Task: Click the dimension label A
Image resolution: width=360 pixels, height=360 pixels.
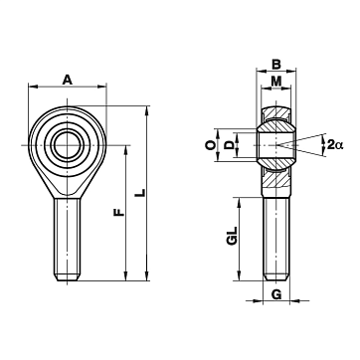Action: coord(68,80)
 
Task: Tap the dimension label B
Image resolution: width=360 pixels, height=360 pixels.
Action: coord(276,65)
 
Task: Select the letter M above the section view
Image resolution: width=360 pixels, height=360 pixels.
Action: coord(276,81)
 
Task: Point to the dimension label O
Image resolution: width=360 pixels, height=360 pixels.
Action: coord(211,145)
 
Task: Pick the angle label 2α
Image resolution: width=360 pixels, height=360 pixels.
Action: coord(335,144)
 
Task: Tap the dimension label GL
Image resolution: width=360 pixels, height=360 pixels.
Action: coord(233,236)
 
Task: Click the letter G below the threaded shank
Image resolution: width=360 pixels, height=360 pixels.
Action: coord(276,294)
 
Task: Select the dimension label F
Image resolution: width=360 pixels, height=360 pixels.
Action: coord(119,212)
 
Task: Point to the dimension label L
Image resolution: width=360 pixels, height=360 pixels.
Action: coord(141,193)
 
